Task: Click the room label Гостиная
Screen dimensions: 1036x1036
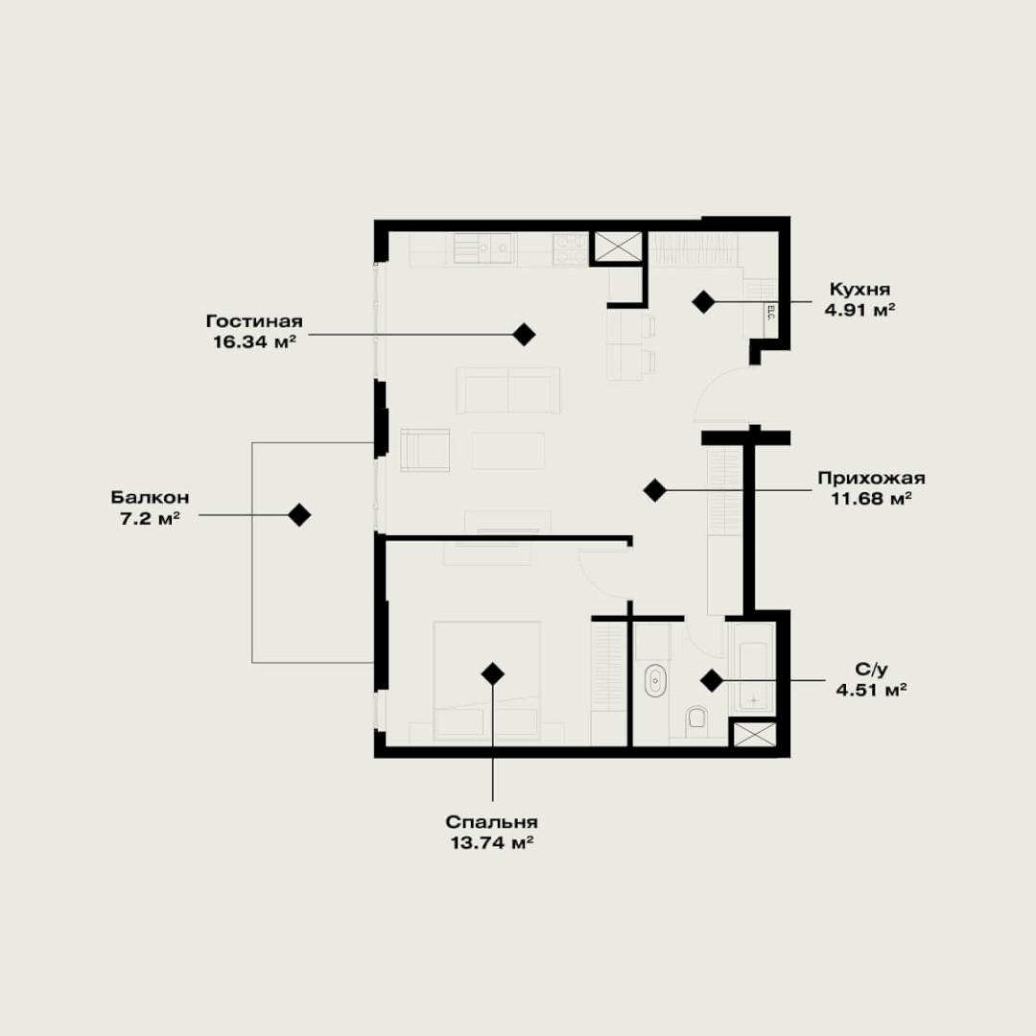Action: [x=254, y=321]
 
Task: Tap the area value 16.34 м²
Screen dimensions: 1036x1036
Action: [x=253, y=341]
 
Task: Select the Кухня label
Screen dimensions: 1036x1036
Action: [x=859, y=290]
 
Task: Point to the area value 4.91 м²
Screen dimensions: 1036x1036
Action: [x=859, y=310]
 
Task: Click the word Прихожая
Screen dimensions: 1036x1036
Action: [x=871, y=478]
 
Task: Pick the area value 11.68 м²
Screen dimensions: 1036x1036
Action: [x=871, y=498]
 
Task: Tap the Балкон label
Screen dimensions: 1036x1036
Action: [x=150, y=497]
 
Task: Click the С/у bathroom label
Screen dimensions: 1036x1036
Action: [x=871, y=670]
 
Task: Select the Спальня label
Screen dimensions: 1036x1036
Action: [x=491, y=822]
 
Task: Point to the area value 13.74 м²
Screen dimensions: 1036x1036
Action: [x=491, y=843]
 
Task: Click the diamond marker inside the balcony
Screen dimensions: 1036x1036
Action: [x=299, y=515]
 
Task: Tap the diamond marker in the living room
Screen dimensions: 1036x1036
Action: [x=524, y=335]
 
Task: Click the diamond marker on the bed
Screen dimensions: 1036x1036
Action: [x=492, y=674]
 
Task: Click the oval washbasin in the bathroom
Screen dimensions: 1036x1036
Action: [x=655, y=680]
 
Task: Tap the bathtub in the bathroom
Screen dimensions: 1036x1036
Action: [x=753, y=667]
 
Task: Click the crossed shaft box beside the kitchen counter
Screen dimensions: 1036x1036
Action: [x=618, y=247]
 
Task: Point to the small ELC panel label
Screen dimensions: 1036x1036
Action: [x=770, y=312]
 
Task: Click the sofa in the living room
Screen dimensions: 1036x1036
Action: [x=508, y=389]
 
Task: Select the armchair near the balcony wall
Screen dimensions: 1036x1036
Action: [x=425, y=450]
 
